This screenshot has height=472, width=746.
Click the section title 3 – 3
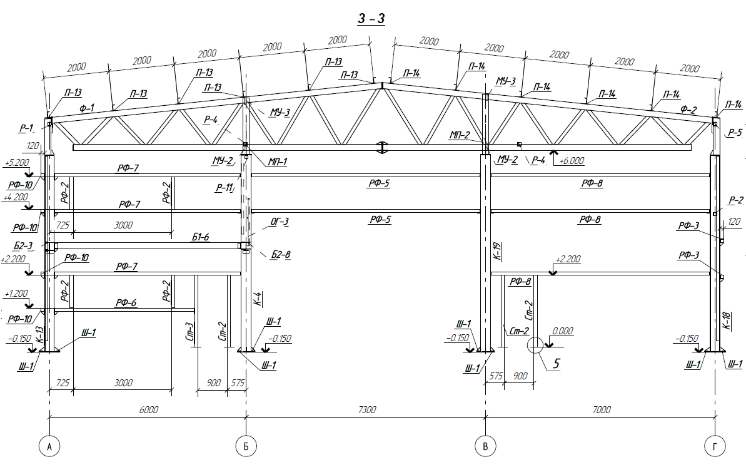pyautogui.click(x=371, y=19)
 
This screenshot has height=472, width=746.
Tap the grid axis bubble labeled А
pyautogui.click(x=49, y=446)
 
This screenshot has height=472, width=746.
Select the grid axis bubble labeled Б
pyautogui.click(x=246, y=446)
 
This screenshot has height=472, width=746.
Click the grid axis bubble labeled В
pyautogui.click(x=485, y=446)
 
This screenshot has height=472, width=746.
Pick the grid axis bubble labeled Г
pyautogui.click(x=715, y=446)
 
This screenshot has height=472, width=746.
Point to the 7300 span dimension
pyautogui.click(x=367, y=409)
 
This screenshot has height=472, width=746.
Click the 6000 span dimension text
pyautogui.click(x=148, y=409)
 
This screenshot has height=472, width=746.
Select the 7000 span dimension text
pyautogui.click(x=602, y=409)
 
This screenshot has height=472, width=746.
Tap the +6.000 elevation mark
pyautogui.click(x=572, y=160)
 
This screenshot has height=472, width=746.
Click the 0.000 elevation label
pyautogui.click(x=562, y=331)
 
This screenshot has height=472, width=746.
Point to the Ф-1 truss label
pyautogui.click(x=86, y=108)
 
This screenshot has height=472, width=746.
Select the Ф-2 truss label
pyautogui.click(x=688, y=110)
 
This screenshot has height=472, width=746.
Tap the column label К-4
pyautogui.click(x=258, y=299)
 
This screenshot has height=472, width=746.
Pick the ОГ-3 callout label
pyautogui.click(x=280, y=222)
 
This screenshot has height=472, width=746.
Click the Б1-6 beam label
pyautogui.click(x=200, y=237)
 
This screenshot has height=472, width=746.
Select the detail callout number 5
pyautogui.click(x=556, y=364)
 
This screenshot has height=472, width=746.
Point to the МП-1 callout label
pyautogui.click(x=278, y=162)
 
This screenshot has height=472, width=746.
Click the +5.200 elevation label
pyautogui.click(x=17, y=162)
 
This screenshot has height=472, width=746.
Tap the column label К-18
pyautogui.click(x=726, y=321)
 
